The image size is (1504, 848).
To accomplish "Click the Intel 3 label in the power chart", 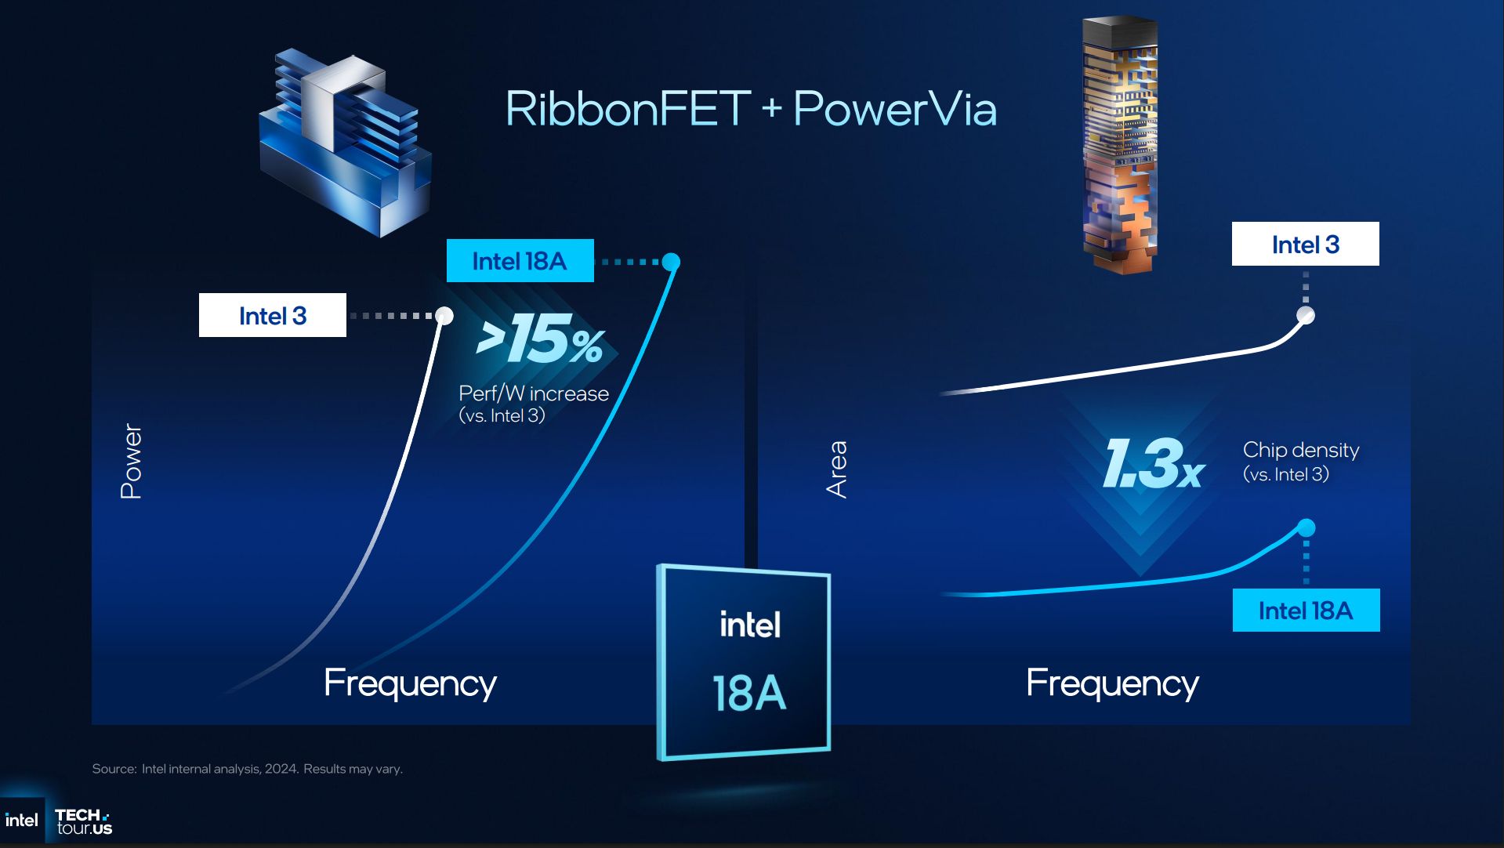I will click(x=272, y=315).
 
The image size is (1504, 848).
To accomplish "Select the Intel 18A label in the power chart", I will click(x=520, y=261).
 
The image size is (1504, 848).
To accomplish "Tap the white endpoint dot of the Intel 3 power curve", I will click(x=444, y=315).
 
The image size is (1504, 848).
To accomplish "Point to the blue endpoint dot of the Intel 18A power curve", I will click(x=671, y=262).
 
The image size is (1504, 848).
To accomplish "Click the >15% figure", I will click(x=541, y=340).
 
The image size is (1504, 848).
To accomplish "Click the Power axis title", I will click(x=131, y=462).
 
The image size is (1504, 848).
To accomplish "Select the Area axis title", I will click(x=837, y=469).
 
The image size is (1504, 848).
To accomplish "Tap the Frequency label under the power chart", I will click(x=410, y=683).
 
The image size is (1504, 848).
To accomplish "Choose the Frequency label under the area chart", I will click(x=1112, y=683).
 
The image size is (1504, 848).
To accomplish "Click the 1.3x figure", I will click(x=1152, y=464).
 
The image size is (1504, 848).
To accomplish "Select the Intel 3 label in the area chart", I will click(x=1305, y=245).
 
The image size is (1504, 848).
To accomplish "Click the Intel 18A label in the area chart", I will click(x=1306, y=611).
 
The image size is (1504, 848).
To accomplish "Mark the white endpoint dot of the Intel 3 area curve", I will click(x=1306, y=315).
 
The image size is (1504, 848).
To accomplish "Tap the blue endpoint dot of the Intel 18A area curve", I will click(x=1306, y=528).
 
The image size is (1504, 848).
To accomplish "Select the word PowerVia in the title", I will click(x=895, y=109).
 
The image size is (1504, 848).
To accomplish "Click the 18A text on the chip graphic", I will click(x=748, y=694).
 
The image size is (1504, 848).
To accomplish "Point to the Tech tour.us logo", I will click(x=84, y=821).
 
